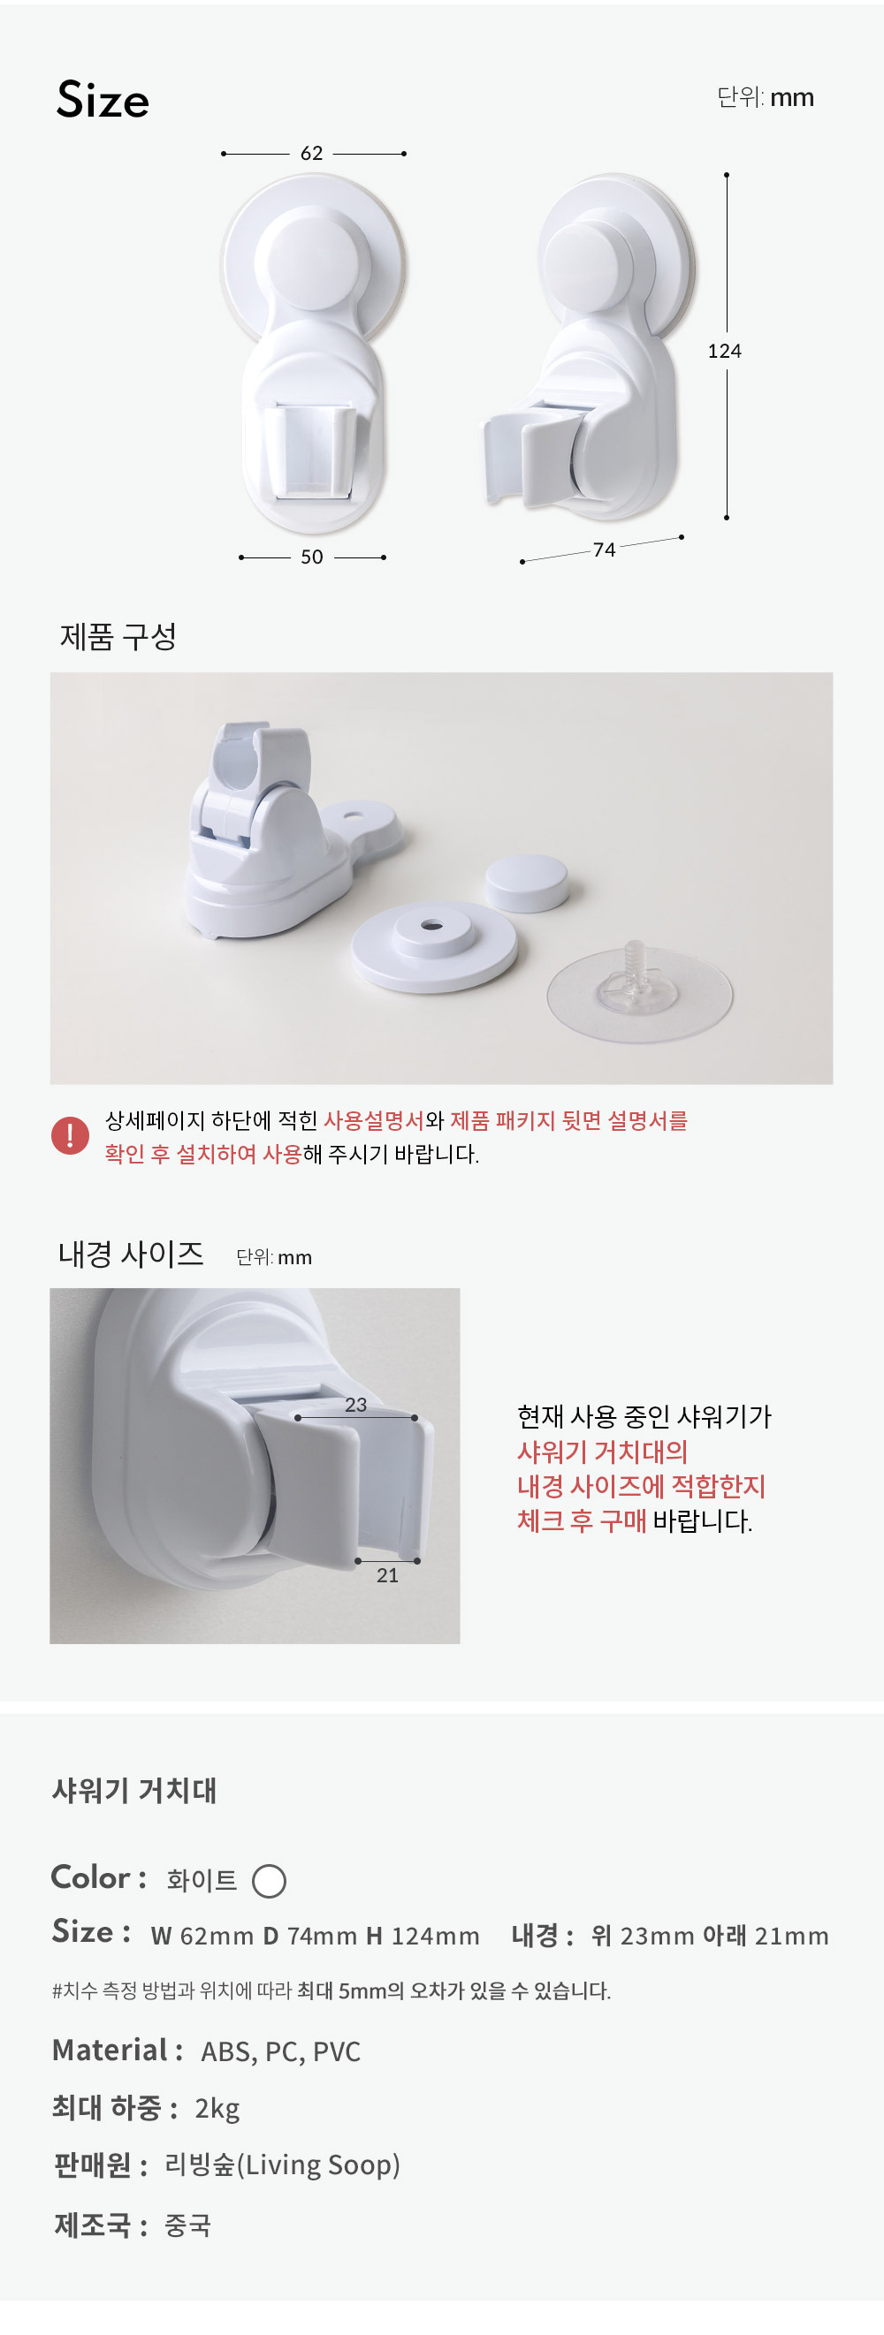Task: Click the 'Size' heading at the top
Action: click(x=103, y=100)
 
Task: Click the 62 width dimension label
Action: click(x=312, y=153)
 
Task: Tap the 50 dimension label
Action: click(x=312, y=557)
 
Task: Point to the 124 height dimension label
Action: click(x=724, y=351)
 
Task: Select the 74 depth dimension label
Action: click(x=604, y=550)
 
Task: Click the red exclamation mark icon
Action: click(x=70, y=1135)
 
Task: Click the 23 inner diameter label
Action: click(x=355, y=1404)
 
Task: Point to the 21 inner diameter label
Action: click(x=387, y=1575)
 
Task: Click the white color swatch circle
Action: click(x=270, y=1881)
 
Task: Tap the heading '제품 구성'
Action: click(x=118, y=636)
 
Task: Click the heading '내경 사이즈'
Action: click(x=131, y=1254)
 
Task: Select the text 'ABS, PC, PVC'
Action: click(x=281, y=2051)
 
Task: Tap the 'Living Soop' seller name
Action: click(x=318, y=2164)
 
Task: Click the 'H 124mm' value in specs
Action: click(x=423, y=1937)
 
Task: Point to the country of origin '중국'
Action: click(x=187, y=2225)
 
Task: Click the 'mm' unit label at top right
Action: click(x=792, y=98)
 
